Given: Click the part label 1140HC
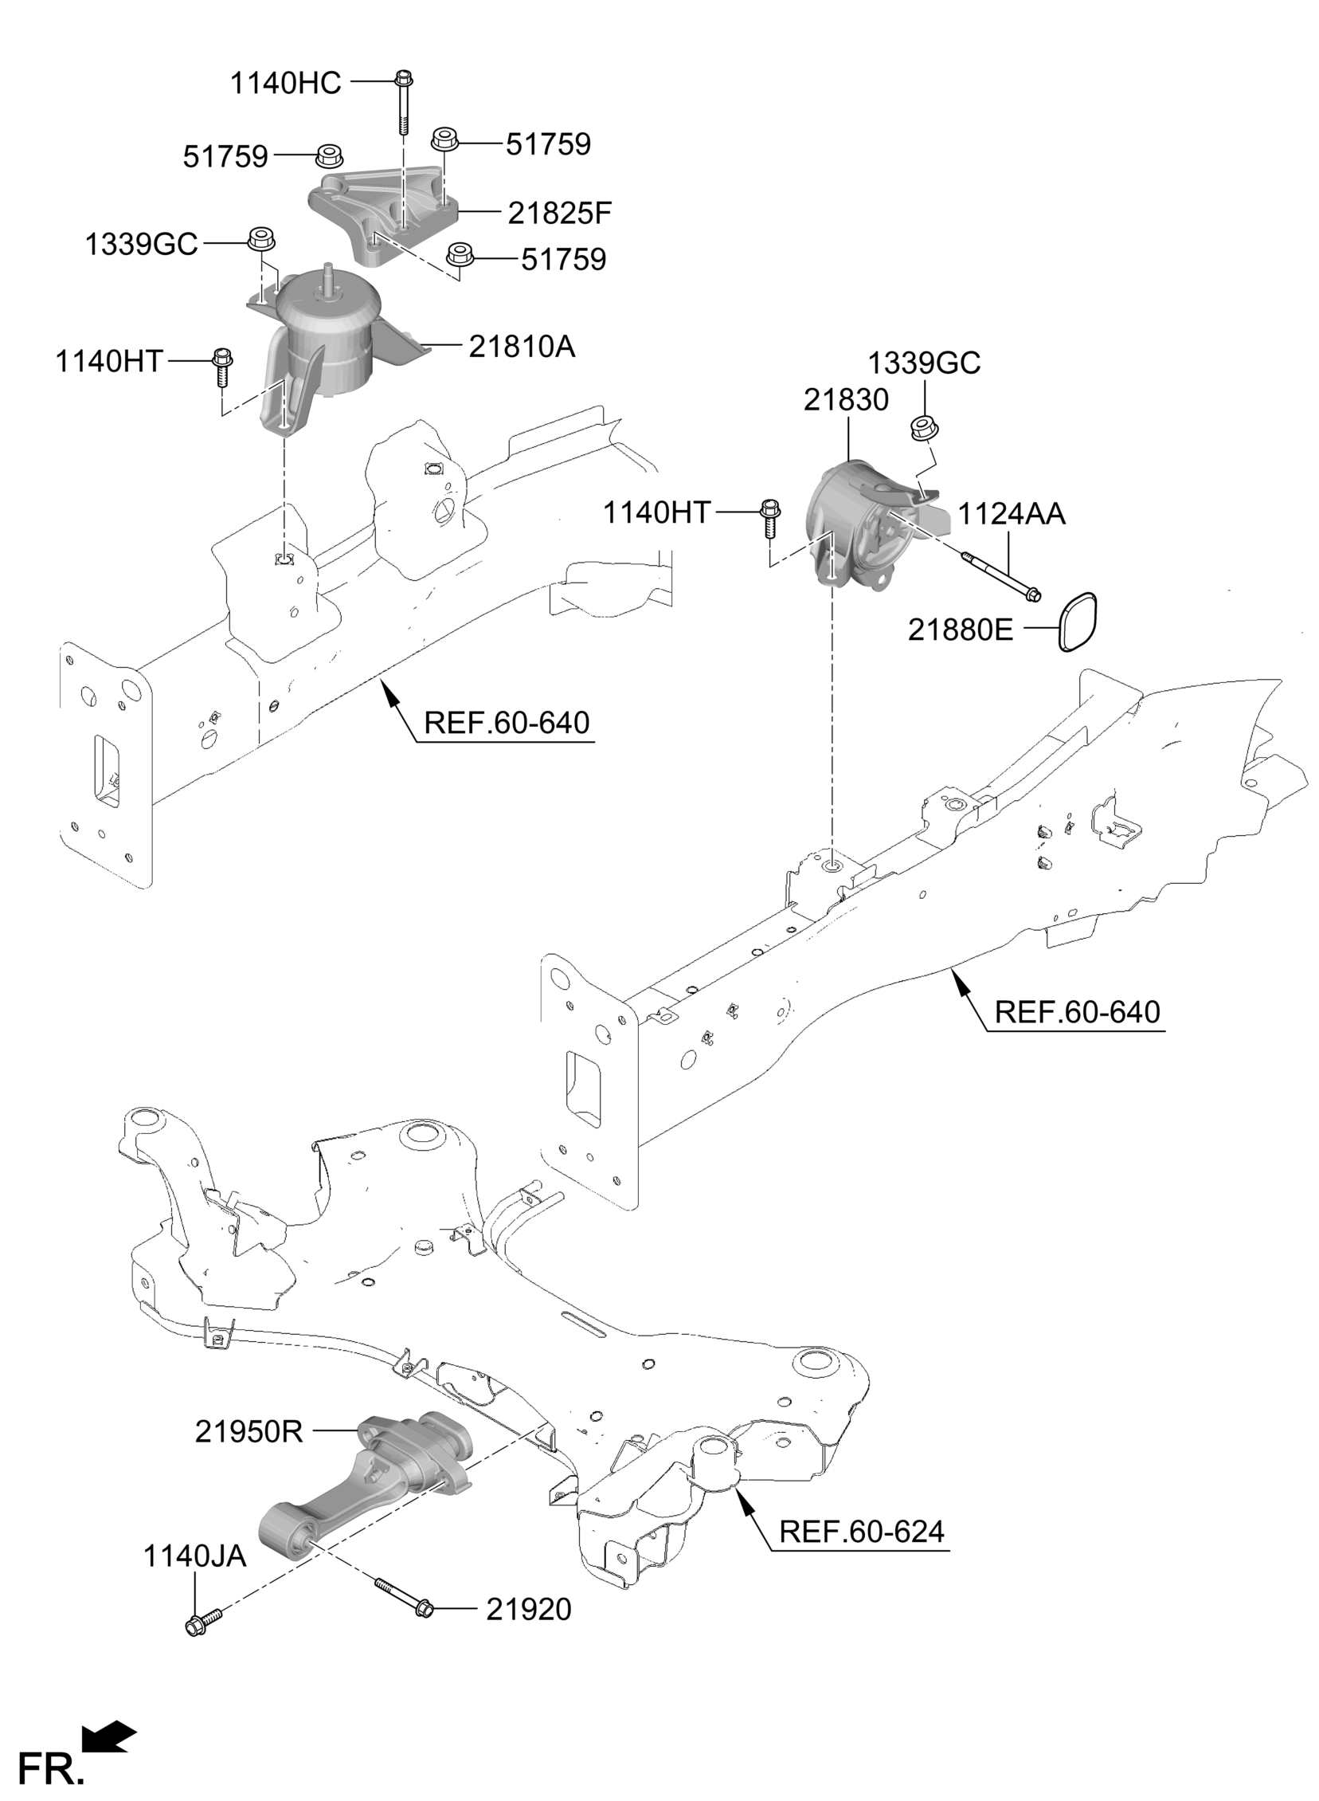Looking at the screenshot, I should pyautogui.click(x=285, y=83).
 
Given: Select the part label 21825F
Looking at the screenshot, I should pyautogui.click(x=560, y=213).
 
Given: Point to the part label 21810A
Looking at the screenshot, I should pyautogui.click(x=522, y=347).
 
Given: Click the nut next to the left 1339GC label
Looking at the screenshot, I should pyautogui.click(x=259, y=238).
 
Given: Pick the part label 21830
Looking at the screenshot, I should pyautogui.click(x=846, y=399).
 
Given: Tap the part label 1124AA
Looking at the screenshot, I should pyautogui.click(x=1011, y=514).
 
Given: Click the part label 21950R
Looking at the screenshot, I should pyautogui.click(x=249, y=1431).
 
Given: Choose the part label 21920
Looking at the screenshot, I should pyautogui.click(x=529, y=1609).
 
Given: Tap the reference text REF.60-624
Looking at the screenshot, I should pyautogui.click(x=862, y=1532).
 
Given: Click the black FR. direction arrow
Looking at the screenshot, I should pyautogui.click(x=109, y=1736).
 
